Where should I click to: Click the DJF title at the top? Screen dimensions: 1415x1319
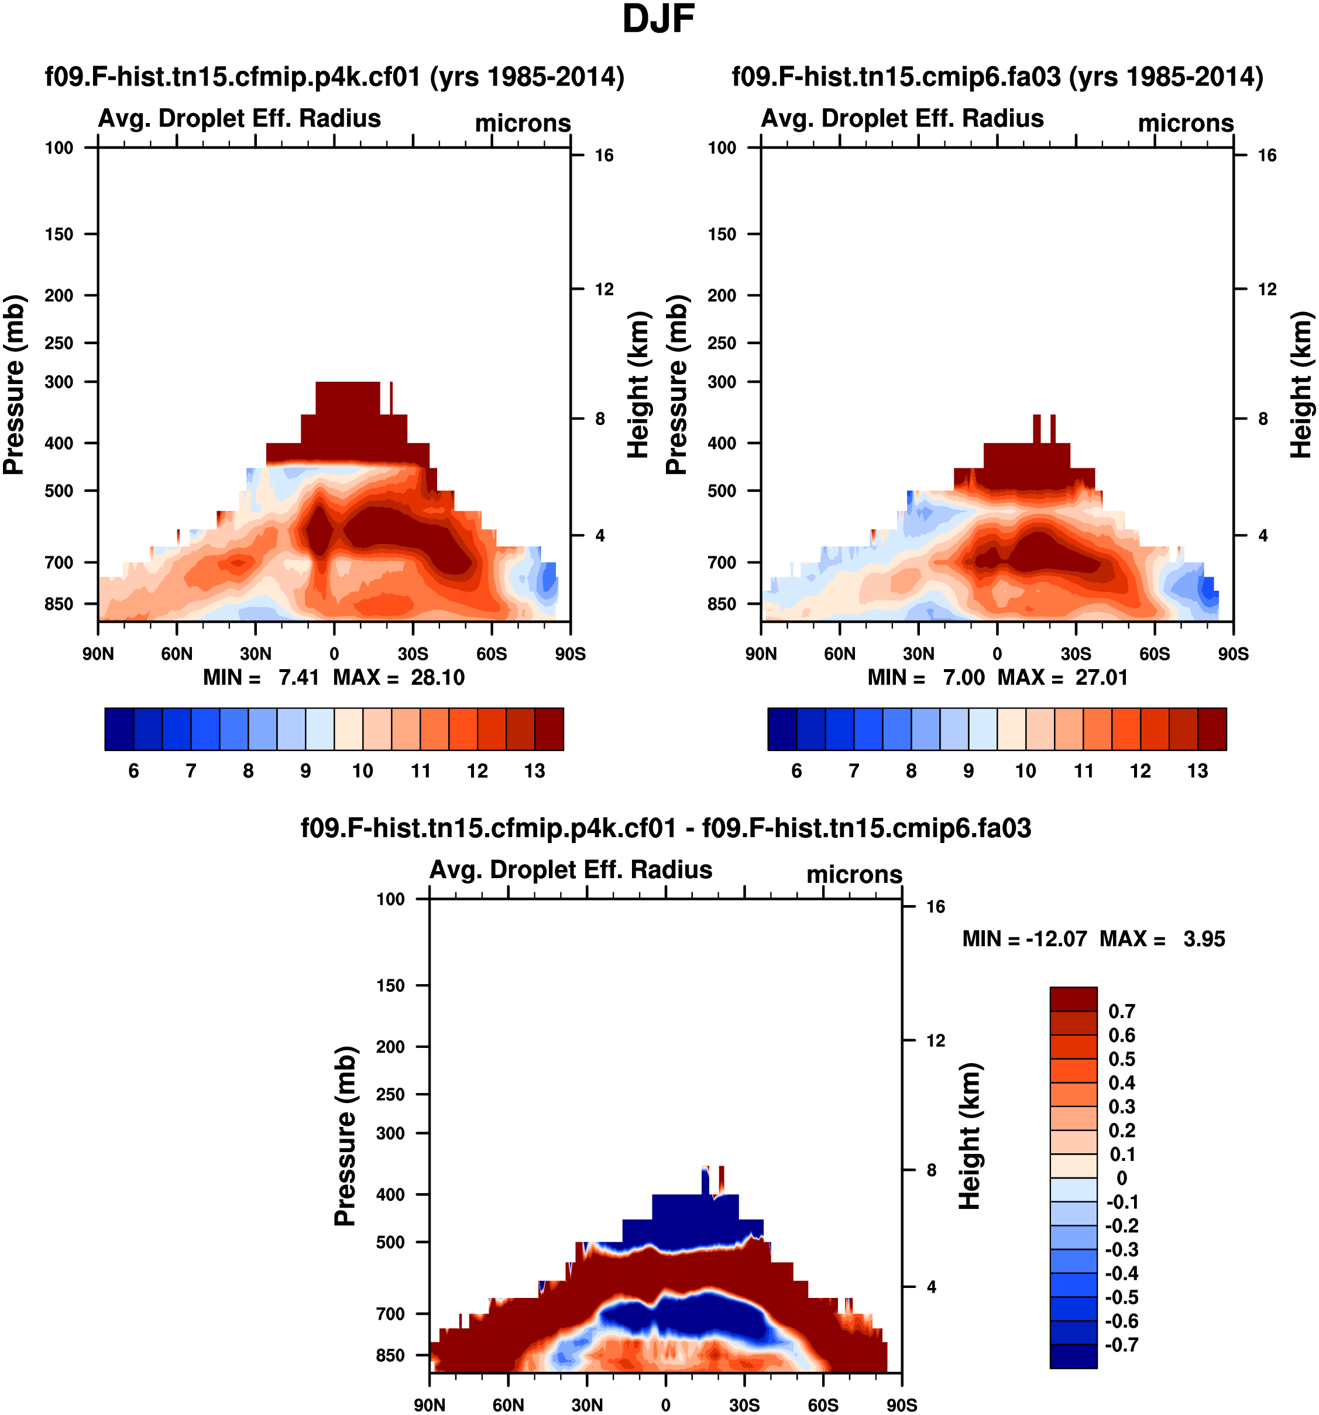(x=658, y=19)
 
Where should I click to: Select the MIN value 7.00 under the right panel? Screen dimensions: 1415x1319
(x=963, y=677)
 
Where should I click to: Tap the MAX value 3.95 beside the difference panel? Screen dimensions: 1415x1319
(x=1204, y=939)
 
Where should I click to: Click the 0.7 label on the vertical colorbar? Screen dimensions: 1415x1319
(x=1121, y=1012)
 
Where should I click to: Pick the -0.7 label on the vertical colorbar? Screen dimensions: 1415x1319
(x=1121, y=1345)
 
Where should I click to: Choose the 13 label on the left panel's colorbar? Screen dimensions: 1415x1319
(x=534, y=771)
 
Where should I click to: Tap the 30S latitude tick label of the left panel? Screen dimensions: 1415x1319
(x=413, y=653)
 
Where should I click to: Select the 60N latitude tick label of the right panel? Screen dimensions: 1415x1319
(x=840, y=653)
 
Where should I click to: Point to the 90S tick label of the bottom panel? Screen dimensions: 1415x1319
(x=901, y=1405)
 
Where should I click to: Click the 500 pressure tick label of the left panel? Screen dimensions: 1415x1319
(x=59, y=491)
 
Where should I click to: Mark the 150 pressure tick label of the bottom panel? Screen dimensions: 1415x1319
(x=390, y=986)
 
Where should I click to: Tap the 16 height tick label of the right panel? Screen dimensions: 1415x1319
(x=1267, y=155)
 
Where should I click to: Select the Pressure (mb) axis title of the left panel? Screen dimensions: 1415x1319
(x=13, y=385)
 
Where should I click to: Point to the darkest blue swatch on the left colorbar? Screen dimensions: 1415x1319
(x=119, y=729)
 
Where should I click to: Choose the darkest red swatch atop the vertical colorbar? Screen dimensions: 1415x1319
(x=1073, y=999)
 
